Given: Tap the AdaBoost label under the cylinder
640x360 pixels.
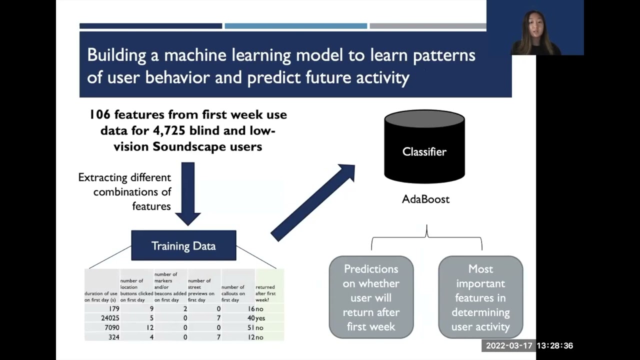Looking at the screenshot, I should click(425, 199).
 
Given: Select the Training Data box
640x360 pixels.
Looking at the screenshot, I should click(183, 245).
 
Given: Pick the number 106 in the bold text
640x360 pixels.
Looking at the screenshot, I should click(100, 114).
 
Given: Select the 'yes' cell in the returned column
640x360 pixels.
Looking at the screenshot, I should click(260, 318).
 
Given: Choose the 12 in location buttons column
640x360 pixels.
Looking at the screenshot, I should click(149, 327).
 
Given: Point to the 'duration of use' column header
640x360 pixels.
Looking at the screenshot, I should click(100, 296).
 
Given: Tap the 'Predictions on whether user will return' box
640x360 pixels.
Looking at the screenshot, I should click(371, 297).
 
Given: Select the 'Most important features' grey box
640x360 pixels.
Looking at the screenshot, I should click(480, 297).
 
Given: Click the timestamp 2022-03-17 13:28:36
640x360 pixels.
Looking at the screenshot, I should click(529, 345).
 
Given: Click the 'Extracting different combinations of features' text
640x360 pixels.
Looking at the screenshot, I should click(125, 191).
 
